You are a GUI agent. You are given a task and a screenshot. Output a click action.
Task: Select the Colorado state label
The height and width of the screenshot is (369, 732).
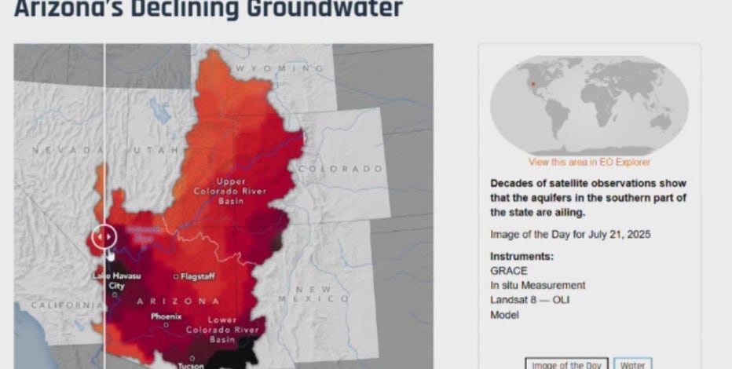point(339,169)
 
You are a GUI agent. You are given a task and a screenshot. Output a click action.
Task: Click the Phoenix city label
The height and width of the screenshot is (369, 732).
point(167,316)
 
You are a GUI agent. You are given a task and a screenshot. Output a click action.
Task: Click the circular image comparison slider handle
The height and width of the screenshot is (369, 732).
point(104,236)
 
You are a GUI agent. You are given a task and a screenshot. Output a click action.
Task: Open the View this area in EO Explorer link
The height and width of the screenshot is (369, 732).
point(589,163)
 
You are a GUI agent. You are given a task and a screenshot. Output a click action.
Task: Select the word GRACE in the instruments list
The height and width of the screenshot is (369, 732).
point(508,271)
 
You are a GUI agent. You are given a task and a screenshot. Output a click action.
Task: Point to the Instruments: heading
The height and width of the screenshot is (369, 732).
point(522,257)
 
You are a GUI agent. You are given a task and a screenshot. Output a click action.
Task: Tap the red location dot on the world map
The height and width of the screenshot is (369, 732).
point(533,84)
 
